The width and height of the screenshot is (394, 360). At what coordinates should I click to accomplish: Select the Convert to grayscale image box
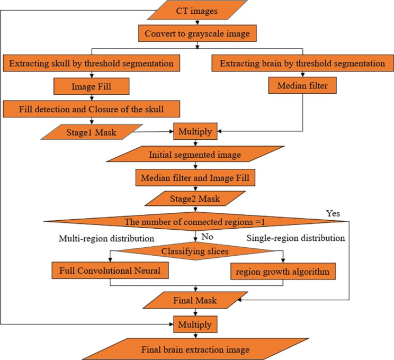coord(197,34)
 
